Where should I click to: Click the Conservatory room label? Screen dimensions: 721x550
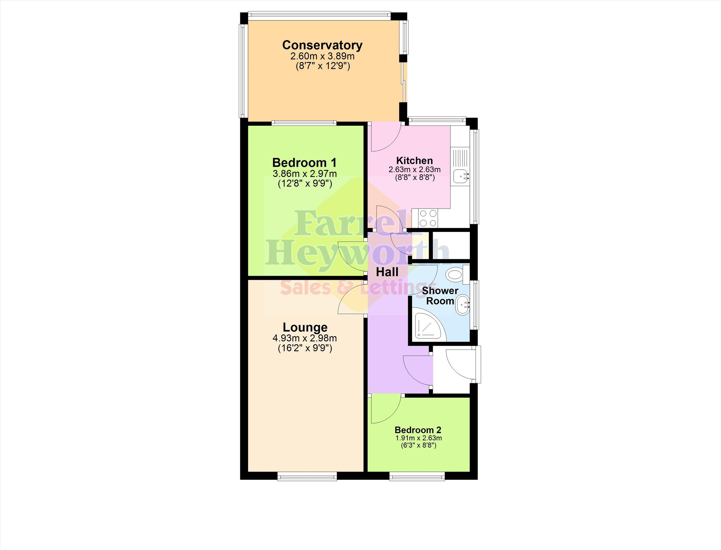tap(322, 45)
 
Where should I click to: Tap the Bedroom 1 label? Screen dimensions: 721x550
tap(305, 163)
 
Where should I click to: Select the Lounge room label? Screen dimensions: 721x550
tap(305, 327)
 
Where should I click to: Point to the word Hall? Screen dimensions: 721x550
tap(387, 272)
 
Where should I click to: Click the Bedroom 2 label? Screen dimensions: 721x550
tap(418, 430)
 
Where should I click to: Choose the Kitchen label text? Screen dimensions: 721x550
tap(414, 160)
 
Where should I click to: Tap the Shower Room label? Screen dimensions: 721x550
tap(440, 296)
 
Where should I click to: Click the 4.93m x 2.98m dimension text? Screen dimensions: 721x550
tap(305, 338)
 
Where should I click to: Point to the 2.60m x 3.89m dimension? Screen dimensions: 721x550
tap(322, 56)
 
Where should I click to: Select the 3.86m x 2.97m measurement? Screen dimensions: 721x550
tap(305, 173)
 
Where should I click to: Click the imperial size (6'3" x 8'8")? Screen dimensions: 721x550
tap(419, 445)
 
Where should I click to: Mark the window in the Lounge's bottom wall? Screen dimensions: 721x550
tap(307, 476)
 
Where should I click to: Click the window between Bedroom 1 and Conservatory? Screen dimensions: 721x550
tap(304, 123)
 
